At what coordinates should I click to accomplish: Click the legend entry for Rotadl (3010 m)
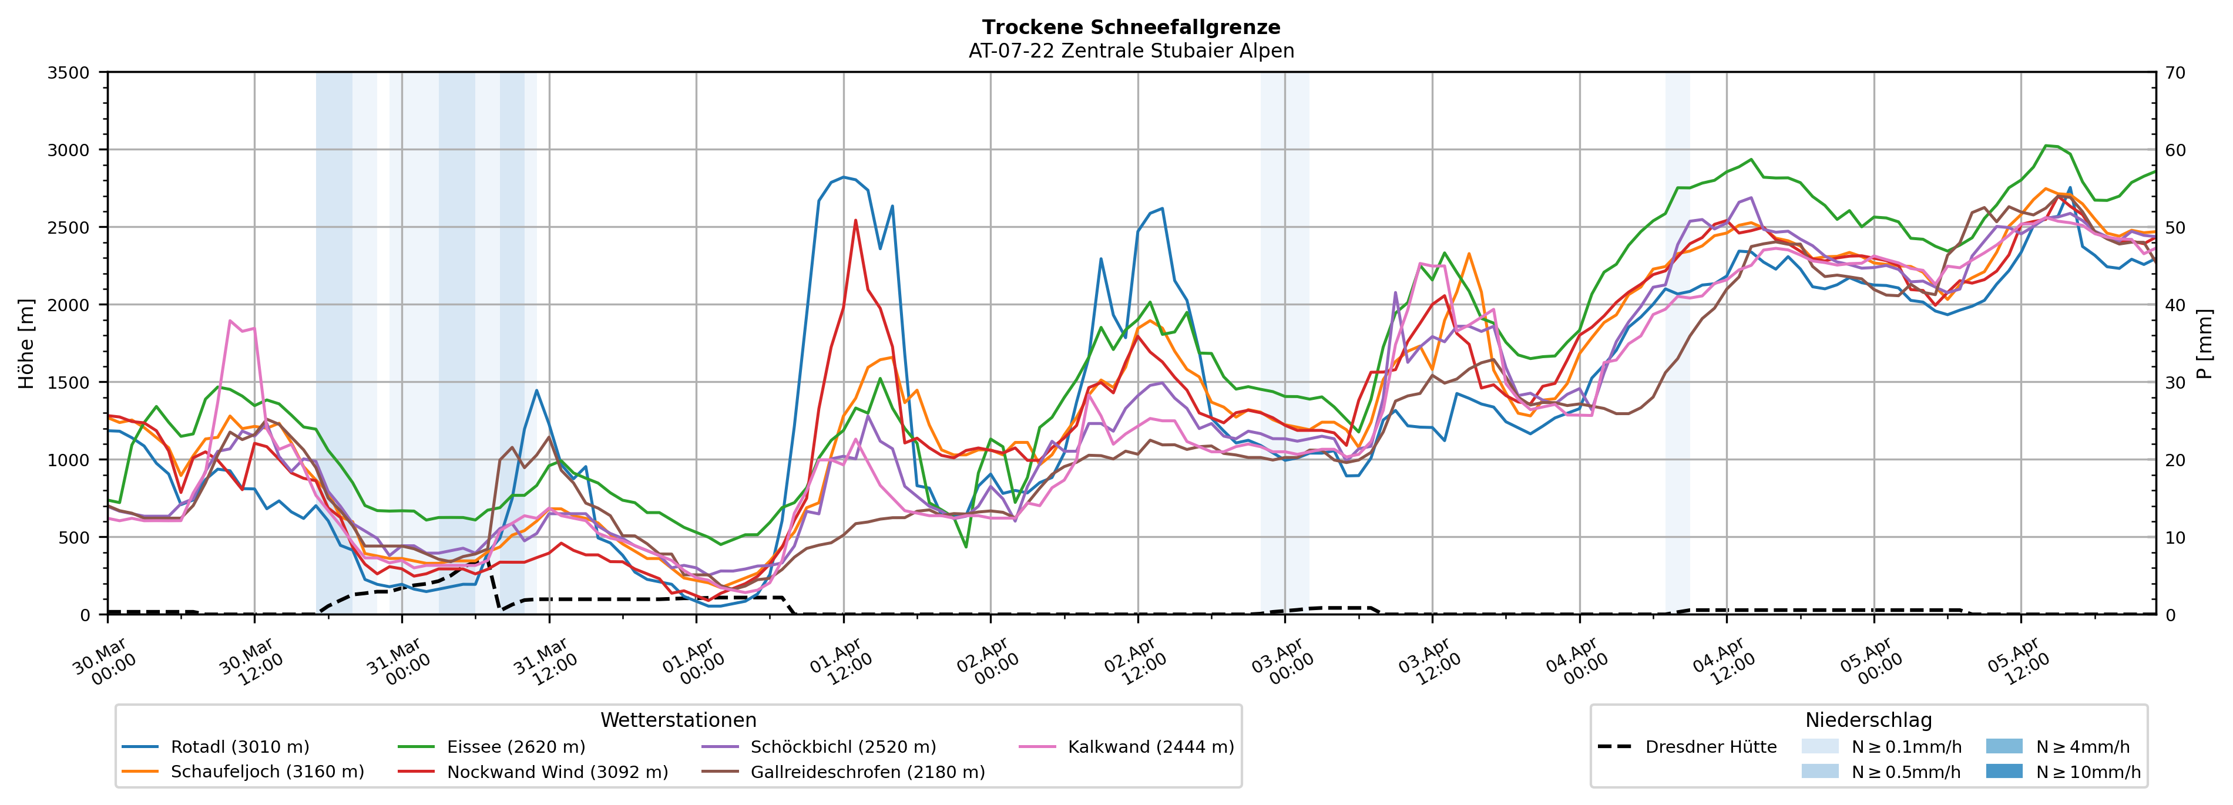(x=239, y=747)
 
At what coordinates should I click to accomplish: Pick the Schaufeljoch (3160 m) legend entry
(x=267, y=772)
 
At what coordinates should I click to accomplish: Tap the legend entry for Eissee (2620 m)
(x=516, y=747)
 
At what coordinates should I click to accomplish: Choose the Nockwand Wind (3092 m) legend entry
(x=558, y=772)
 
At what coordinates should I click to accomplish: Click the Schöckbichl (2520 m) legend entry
(x=842, y=747)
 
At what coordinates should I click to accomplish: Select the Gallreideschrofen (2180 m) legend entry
(x=867, y=772)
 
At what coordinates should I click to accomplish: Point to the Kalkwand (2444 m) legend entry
(x=1150, y=747)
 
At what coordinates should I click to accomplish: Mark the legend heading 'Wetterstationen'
(x=678, y=720)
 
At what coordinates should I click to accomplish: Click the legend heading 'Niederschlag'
(x=1868, y=720)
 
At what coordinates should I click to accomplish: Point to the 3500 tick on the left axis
(x=69, y=73)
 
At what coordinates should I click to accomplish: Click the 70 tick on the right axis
(x=2175, y=73)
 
